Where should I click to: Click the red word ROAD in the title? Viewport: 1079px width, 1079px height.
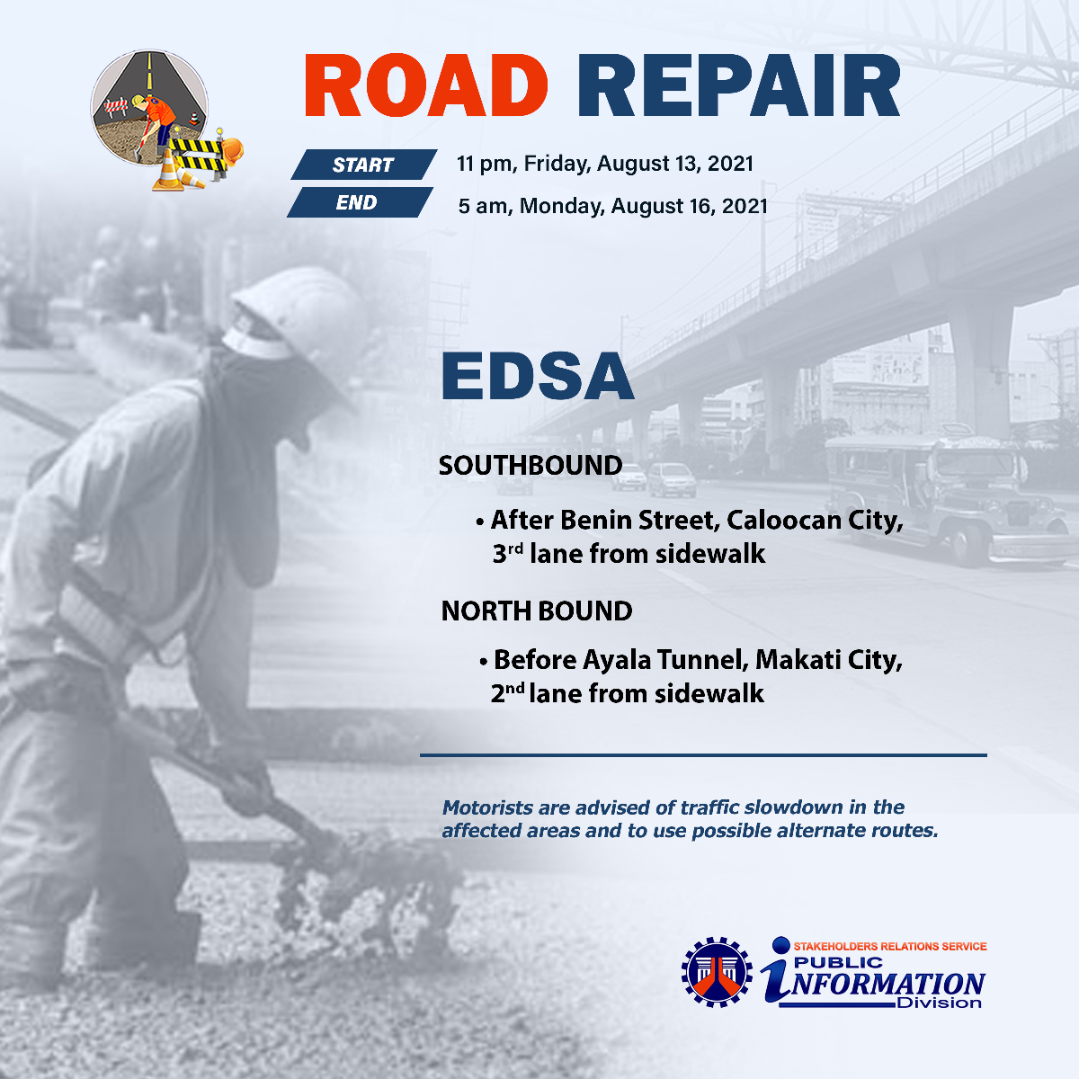425,85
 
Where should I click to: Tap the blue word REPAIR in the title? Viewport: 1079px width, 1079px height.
738,85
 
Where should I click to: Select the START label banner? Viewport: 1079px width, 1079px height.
363,165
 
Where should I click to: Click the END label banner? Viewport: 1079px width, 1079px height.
360,202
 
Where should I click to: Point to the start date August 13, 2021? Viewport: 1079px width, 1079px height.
675,164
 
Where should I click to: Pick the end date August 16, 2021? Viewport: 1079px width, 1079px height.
690,206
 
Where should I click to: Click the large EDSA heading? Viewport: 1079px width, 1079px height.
538,376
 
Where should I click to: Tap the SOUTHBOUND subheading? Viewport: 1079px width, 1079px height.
531,465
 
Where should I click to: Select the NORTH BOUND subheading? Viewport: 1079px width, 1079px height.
537,611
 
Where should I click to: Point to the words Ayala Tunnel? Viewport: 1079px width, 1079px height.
665,660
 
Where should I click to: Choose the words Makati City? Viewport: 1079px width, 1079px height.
829,660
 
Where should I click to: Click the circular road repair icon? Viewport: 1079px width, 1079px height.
149,108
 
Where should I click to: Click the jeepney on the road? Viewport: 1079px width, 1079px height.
946,498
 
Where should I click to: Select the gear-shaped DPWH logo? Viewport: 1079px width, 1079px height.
717,973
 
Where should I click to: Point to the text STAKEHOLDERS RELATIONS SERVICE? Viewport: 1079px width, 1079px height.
890,946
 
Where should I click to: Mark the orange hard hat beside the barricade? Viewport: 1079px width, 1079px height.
232,151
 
